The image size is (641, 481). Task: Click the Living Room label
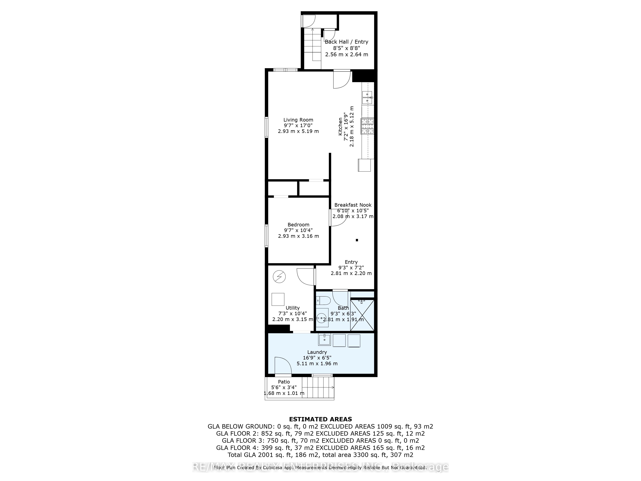coord(298,120)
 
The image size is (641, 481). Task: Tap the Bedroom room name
coord(298,225)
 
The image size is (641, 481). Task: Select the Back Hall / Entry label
coord(346,42)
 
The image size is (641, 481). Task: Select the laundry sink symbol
coord(324,340)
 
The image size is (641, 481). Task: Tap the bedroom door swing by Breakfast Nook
coord(338,217)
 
